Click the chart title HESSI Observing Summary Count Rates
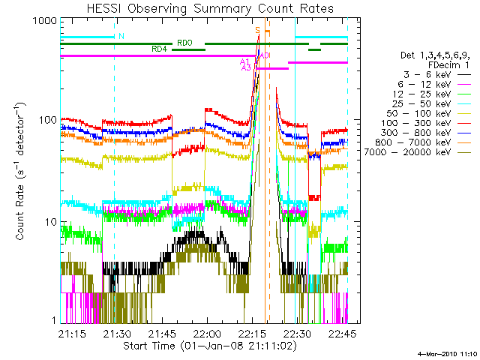pyautogui.click(x=210, y=8)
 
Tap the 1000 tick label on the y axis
pyautogui.click(x=45, y=20)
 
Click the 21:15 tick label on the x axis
pyautogui.click(x=72, y=333)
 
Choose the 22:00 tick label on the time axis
pyautogui.click(x=208, y=333)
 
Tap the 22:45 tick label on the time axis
pyautogui.click(x=343, y=333)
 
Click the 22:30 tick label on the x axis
pyautogui.click(x=298, y=333)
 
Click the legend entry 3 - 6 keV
pyautogui.click(x=427, y=75)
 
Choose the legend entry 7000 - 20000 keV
pyautogui.click(x=407, y=152)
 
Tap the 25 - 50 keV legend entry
pyautogui.click(x=421, y=103)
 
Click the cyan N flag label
pyautogui.click(x=121, y=36)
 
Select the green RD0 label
pyautogui.click(x=184, y=43)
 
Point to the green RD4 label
pyautogui.click(x=159, y=49)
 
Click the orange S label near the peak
pyautogui.click(x=258, y=30)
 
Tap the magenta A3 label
pyautogui.click(x=246, y=68)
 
